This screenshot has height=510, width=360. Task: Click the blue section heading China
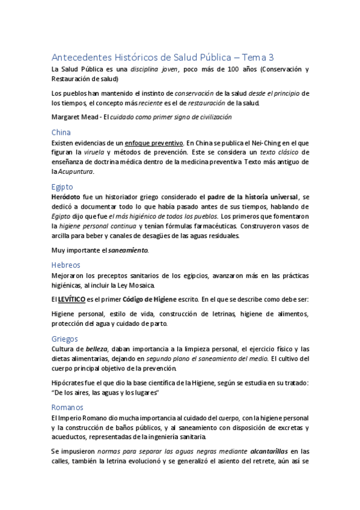point(61,132)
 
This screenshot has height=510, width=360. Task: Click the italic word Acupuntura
point(76,172)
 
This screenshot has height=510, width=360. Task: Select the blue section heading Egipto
point(63,186)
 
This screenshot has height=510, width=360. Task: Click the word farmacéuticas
point(240,226)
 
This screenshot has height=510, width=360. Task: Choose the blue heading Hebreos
point(66,265)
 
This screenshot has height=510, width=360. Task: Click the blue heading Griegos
point(65,339)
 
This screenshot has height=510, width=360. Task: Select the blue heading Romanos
point(67,407)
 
